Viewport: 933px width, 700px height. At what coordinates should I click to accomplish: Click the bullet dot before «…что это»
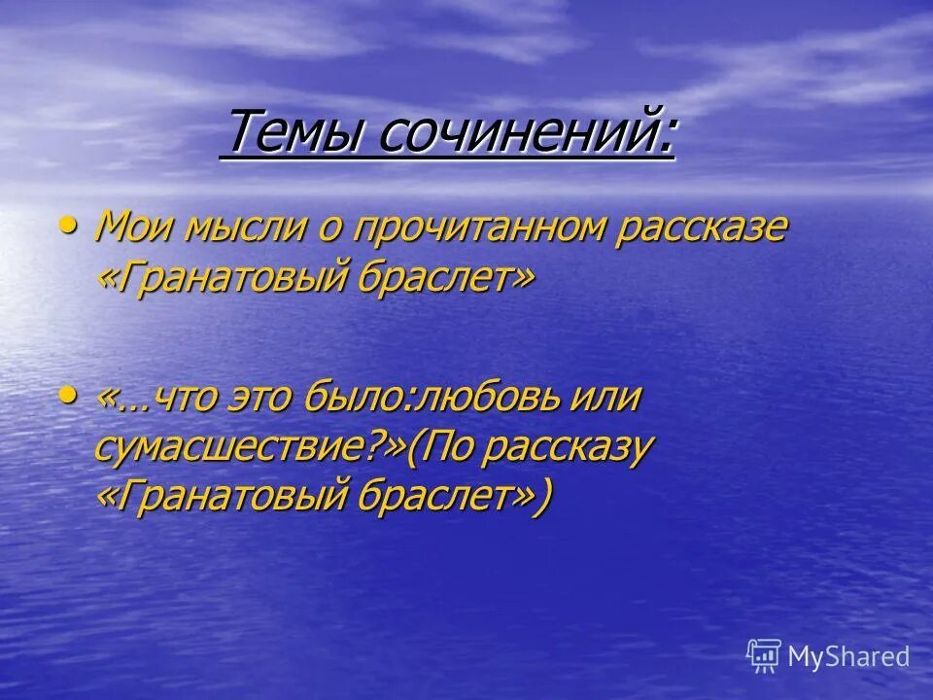coord(67,394)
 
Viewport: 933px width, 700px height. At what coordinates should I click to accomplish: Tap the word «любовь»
coord(507,400)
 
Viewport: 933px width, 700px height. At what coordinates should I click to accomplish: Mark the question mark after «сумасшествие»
coord(375,448)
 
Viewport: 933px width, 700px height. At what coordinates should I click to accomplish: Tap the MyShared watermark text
coord(848,656)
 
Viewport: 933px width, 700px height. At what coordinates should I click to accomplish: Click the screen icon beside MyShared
coord(764,656)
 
